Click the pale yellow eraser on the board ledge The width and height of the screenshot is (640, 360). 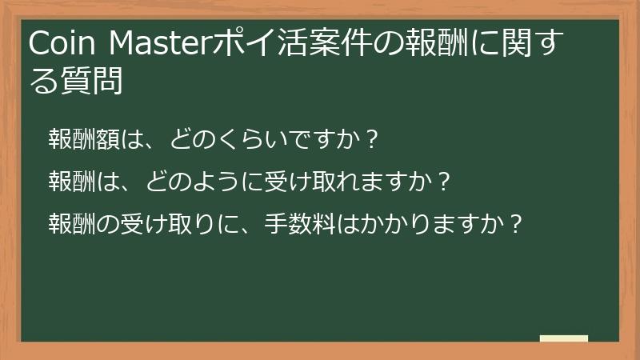(x=564, y=339)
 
